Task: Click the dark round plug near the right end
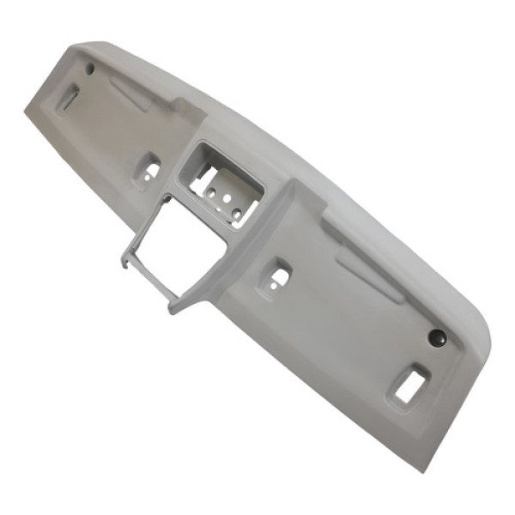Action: click(437, 338)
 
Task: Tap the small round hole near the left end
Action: click(89, 68)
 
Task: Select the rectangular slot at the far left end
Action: click(67, 99)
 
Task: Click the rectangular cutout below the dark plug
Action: click(409, 384)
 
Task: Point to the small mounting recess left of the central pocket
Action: click(147, 169)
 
